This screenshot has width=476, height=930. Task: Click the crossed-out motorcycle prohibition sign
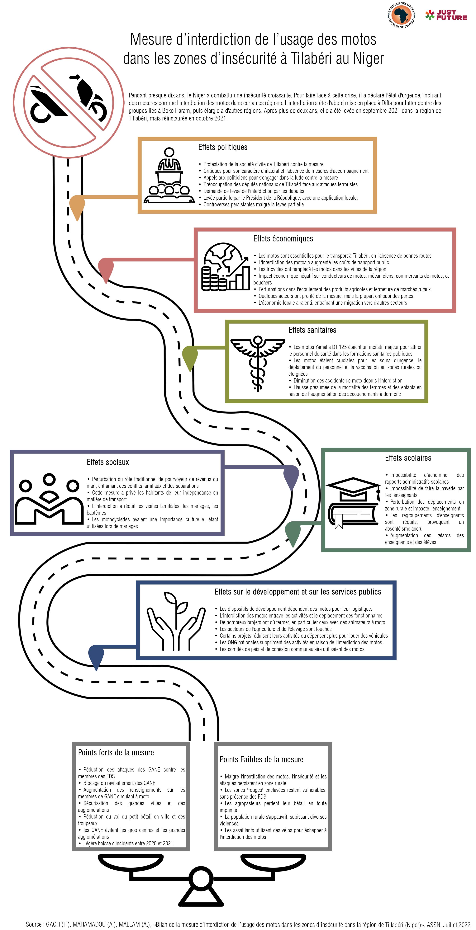[68, 102]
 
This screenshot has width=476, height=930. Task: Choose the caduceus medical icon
[258, 363]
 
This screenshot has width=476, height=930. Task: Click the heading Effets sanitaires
[312, 330]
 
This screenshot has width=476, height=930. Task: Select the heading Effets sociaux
[108, 462]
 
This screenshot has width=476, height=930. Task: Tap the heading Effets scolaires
[408, 458]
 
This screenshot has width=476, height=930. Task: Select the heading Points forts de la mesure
[116, 752]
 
